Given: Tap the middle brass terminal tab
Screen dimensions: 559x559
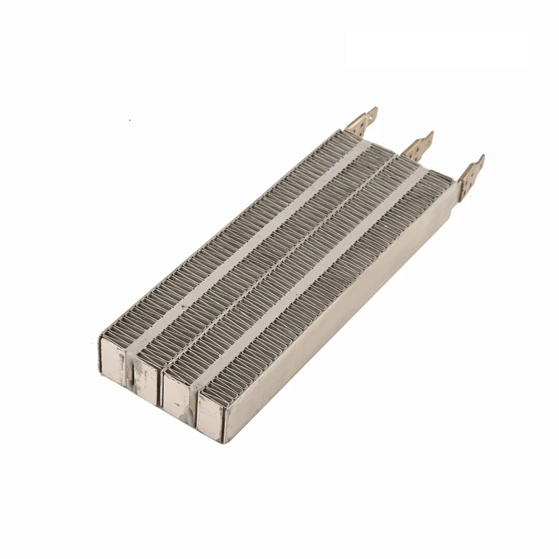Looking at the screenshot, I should coord(416,145).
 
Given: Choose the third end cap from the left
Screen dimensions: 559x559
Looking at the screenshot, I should coord(178,395).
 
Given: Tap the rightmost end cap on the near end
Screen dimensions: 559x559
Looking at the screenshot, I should coord(211,416).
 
